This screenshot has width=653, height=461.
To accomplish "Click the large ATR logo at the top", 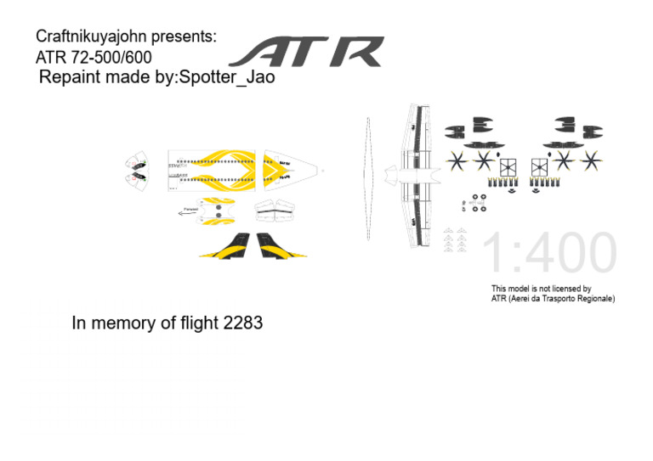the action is (306, 52).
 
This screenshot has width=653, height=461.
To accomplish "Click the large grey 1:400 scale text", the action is (549, 254).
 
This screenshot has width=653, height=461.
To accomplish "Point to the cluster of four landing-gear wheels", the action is (474, 204).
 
